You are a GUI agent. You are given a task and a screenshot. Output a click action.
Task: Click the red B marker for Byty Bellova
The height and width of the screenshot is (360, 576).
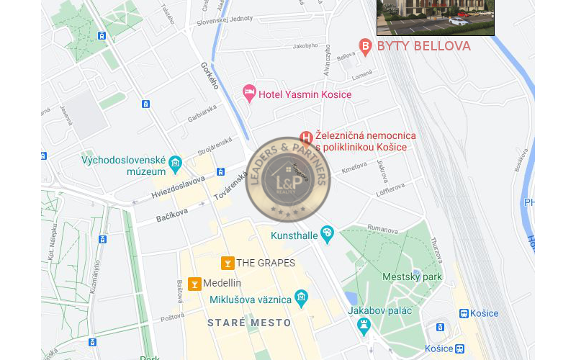coord(365,48)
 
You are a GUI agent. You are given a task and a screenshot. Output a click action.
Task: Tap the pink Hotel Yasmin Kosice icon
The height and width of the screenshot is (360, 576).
coord(249,93)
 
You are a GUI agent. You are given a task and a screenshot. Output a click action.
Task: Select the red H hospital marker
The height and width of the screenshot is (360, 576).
coord(306,138)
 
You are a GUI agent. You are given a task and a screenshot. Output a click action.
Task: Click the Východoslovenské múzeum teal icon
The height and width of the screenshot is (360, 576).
coord(175,166)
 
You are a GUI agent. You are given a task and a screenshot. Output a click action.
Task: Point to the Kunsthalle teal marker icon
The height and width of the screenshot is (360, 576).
coord(328,233)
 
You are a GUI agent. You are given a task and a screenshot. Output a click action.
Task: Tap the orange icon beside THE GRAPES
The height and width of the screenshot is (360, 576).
coord(227,263)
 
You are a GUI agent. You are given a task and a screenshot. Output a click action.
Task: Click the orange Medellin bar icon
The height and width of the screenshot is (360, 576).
coord(194,284)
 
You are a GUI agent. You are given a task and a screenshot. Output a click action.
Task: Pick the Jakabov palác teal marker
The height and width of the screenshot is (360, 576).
coord(364,326)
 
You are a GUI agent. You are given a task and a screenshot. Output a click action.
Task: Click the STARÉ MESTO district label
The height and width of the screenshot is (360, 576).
coord(249,323)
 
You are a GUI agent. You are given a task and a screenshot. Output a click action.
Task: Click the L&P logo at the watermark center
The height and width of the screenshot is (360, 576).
coord(287,180)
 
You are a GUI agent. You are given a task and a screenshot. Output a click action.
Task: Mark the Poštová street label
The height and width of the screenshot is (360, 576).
coord(173,318)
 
